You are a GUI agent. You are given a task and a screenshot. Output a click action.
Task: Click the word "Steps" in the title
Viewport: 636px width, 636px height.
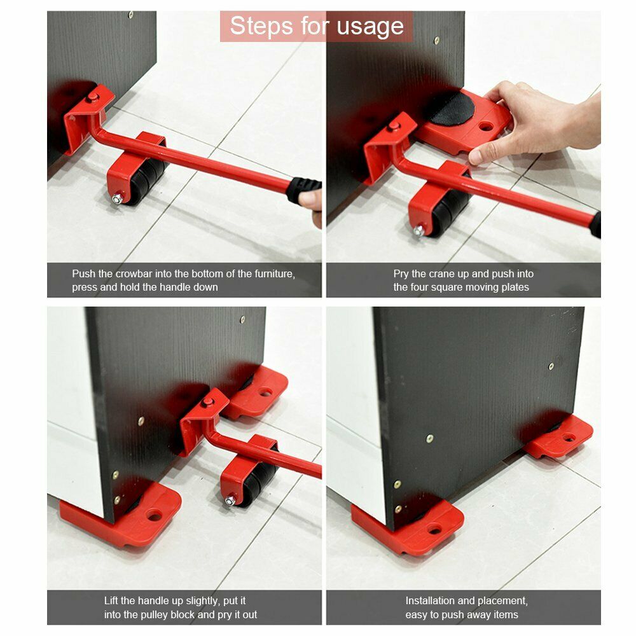pyautogui.click(x=261, y=26)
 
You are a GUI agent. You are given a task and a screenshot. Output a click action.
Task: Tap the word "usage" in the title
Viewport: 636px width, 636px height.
pyautogui.click(x=370, y=27)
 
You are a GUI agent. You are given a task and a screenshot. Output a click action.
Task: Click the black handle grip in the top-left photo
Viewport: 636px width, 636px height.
pyautogui.click(x=304, y=190)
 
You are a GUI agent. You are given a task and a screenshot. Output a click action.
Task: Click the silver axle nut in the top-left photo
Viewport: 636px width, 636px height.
pyautogui.click(x=117, y=198)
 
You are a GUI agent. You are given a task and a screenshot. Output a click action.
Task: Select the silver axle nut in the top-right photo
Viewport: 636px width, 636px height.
pyautogui.click(x=419, y=232)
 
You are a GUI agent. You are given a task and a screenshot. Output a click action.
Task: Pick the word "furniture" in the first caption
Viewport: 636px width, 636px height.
pyautogui.click(x=273, y=273)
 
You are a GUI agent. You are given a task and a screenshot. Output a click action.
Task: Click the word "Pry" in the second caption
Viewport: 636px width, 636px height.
pyautogui.click(x=401, y=274)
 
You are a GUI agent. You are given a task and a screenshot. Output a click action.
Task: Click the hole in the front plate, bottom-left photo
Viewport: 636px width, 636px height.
pyautogui.click(x=154, y=516)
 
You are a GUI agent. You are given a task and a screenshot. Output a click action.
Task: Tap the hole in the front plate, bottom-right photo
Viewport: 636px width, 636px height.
pyautogui.click(x=434, y=529)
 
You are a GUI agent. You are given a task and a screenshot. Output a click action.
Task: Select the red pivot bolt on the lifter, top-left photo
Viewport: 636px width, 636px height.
pyautogui.click(x=93, y=97)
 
